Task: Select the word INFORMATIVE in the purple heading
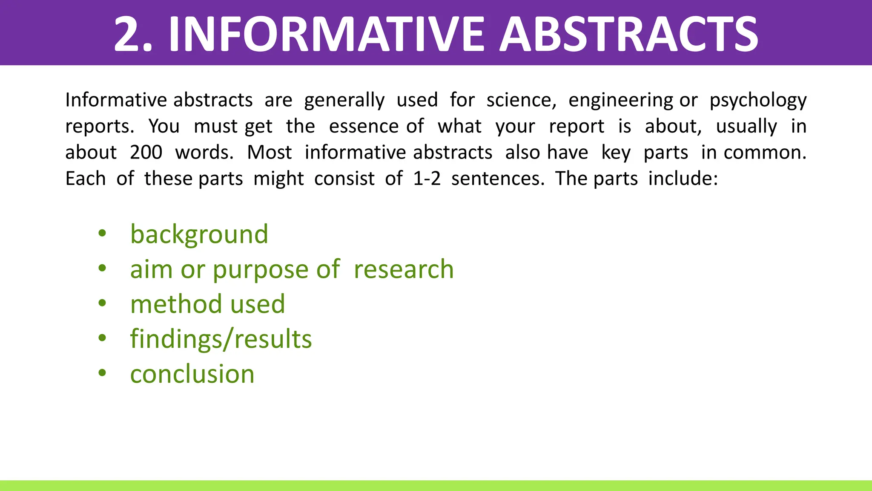(326, 34)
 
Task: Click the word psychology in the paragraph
(758, 101)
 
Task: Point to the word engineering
(620, 101)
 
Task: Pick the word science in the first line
(521, 100)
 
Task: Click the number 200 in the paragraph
(146, 153)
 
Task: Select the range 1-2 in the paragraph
(427, 179)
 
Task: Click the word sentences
(497, 179)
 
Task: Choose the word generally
(344, 101)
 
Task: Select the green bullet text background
(199, 234)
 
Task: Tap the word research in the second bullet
(404, 269)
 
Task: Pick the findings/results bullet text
(221, 339)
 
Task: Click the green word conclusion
(192, 374)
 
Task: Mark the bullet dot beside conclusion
(102, 373)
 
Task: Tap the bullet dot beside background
(102, 233)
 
